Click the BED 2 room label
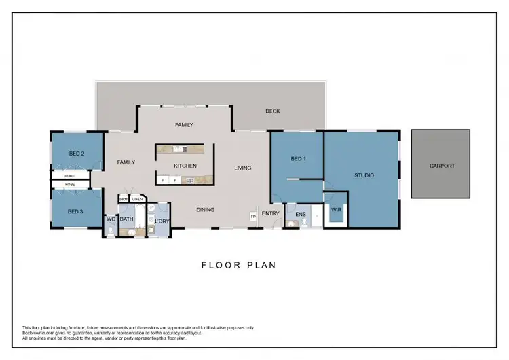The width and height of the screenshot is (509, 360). (77, 154)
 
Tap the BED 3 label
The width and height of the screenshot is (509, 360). (75, 212)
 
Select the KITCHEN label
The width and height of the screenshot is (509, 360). (185, 166)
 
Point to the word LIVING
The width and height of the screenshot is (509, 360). (243, 168)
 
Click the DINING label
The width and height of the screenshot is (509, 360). (205, 210)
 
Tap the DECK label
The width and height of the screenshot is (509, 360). (272, 111)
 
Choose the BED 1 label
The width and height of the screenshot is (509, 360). (299, 159)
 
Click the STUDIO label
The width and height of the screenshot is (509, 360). (364, 175)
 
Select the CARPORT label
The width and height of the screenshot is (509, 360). (441, 166)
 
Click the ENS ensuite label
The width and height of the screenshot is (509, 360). (301, 215)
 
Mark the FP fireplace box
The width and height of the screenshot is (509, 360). (253, 216)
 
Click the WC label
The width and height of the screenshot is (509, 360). (111, 219)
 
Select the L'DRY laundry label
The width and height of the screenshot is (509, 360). (162, 221)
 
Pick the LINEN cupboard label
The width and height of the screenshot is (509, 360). (138, 199)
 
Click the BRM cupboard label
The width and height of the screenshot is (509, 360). (124, 199)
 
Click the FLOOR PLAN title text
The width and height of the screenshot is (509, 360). (239, 265)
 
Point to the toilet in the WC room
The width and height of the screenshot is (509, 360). (111, 230)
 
